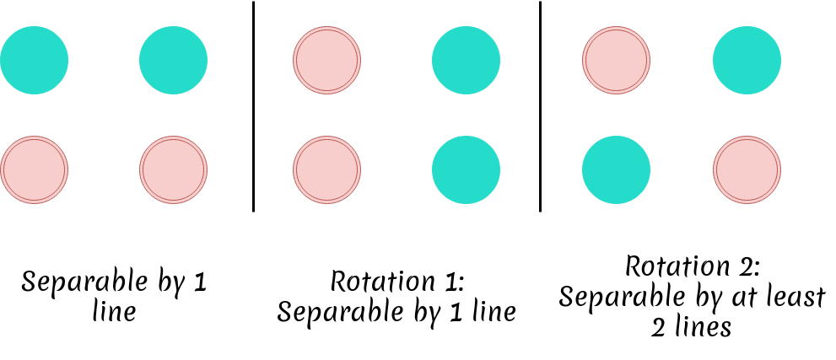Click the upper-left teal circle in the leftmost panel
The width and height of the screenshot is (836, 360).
coord(34,60)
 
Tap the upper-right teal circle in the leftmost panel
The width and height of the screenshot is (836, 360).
coord(173,60)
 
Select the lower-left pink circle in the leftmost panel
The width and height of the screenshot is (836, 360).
coord(34,169)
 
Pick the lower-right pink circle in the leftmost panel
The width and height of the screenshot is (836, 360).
coord(173,169)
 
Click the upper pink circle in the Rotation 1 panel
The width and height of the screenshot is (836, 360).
coord(326,60)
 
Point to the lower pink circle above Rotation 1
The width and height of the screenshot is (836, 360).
coord(326,169)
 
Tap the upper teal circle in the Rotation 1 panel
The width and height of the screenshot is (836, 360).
coord(466,60)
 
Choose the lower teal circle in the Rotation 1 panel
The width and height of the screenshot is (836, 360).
coord(466,169)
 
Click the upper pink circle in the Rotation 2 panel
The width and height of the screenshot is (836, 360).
coord(616,60)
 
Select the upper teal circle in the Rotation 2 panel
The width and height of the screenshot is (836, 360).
coord(747,60)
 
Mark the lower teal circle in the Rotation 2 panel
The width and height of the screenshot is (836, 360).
coord(616,169)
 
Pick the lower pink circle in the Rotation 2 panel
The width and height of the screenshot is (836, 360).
coord(747,169)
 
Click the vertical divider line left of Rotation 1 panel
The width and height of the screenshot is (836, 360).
coord(253,106)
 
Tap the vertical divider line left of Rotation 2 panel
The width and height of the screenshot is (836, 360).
coord(541,106)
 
